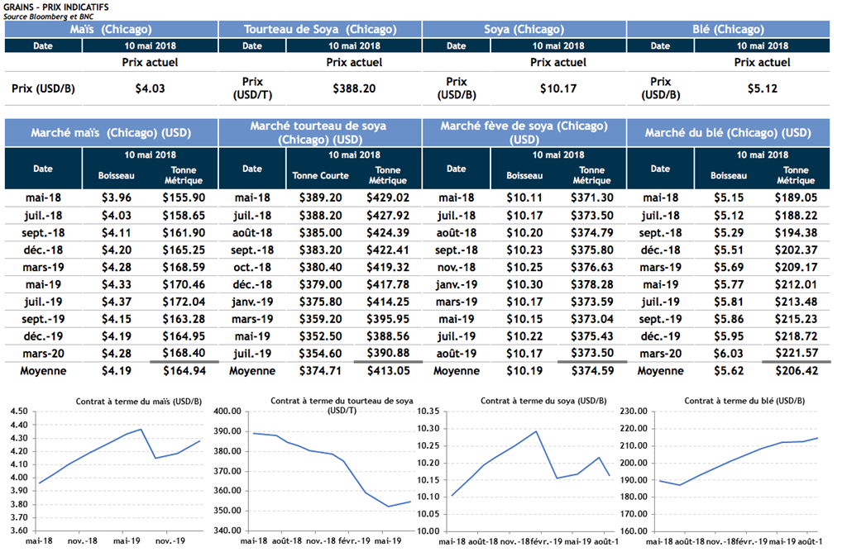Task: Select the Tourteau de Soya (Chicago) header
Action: [320, 30]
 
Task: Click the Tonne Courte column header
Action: [320, 175]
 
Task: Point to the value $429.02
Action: [388, 198]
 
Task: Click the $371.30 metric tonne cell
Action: [591, 198]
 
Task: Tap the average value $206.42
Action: [796, 371]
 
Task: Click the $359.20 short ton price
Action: [320, 320]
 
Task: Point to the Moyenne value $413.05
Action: [388, 371]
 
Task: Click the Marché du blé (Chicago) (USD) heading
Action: [728, 132]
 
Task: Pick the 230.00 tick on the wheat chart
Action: [636, 412]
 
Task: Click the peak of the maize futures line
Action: [142, 429]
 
